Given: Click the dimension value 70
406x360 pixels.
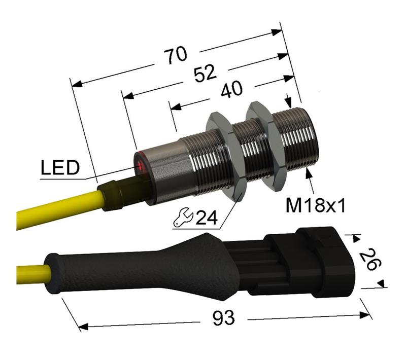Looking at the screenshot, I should tap(175, 55).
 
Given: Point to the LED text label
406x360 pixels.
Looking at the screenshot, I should tap(59, 168).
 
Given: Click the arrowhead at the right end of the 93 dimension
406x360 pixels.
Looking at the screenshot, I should tap(366, 314).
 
